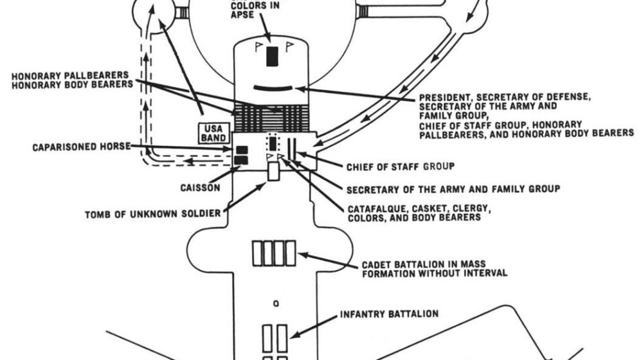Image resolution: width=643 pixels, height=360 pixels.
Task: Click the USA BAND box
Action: click(x=213, y=133)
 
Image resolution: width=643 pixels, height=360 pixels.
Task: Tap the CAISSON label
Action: click(x=199, y=188)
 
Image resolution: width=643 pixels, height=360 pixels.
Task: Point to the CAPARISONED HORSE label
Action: click(x=81, y=147)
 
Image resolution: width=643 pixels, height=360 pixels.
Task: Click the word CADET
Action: click(x=376, y=263)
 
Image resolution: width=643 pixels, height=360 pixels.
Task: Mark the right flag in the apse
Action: click(x=289, y=46)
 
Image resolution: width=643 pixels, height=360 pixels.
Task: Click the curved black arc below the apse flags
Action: click(x=272, y=87)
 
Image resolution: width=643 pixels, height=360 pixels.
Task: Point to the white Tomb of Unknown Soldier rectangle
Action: click(x=273, y=171)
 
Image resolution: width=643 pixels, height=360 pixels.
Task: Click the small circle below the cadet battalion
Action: click(x=275, y=302)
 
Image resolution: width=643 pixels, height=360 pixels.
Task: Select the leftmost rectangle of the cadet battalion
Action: click(x=257, y=252)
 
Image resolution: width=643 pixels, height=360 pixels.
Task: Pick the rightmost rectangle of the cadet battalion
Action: click(x=291, y=252)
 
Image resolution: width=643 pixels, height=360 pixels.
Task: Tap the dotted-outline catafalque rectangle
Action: click(x=272, y=145)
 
